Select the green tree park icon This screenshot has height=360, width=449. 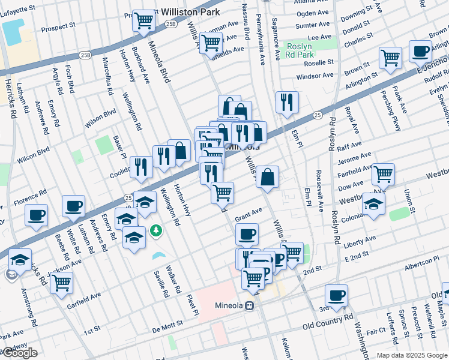(156, 230)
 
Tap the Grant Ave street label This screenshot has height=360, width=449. (249, 213)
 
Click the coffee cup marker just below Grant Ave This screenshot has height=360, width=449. (247, 234)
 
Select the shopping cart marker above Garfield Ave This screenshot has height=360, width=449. (61, 283)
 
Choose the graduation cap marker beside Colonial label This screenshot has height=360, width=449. (373, 205)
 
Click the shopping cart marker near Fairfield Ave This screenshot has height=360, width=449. (383, 175)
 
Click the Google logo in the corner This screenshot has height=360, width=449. (19, 353)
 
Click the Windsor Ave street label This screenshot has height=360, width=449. (315, 76)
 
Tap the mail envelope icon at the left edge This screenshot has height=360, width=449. (10, 275)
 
